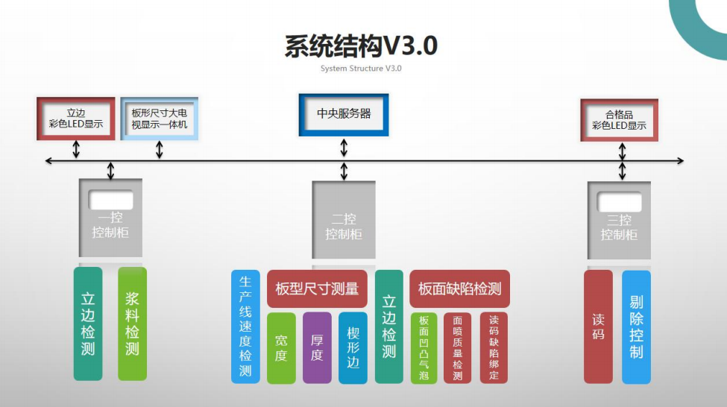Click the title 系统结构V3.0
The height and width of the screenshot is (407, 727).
coord(361,46)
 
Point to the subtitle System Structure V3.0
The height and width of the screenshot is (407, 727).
coord(361,69)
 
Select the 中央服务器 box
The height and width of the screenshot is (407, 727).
coord(344,114)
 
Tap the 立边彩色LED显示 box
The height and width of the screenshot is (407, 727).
coord(75,119)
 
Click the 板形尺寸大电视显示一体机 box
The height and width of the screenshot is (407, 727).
coord(159,119)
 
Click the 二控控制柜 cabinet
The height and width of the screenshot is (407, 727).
coord(344,224)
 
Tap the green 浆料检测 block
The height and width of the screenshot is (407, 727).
coord(132,323)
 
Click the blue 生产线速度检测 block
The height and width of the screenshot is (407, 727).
coord(245,326)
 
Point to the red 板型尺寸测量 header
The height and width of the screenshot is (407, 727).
coord(317,289)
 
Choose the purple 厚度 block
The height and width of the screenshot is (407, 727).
coord(317,347)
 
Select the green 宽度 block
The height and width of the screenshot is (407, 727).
coord(281,347)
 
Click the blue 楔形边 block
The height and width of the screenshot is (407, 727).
coord(353,347)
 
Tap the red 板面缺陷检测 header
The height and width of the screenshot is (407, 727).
coord(459,289)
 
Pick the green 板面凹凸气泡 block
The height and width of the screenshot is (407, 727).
coord(424,347)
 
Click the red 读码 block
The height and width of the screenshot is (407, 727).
coord(598,326)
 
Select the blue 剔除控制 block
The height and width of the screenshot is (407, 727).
coord(636,326)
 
